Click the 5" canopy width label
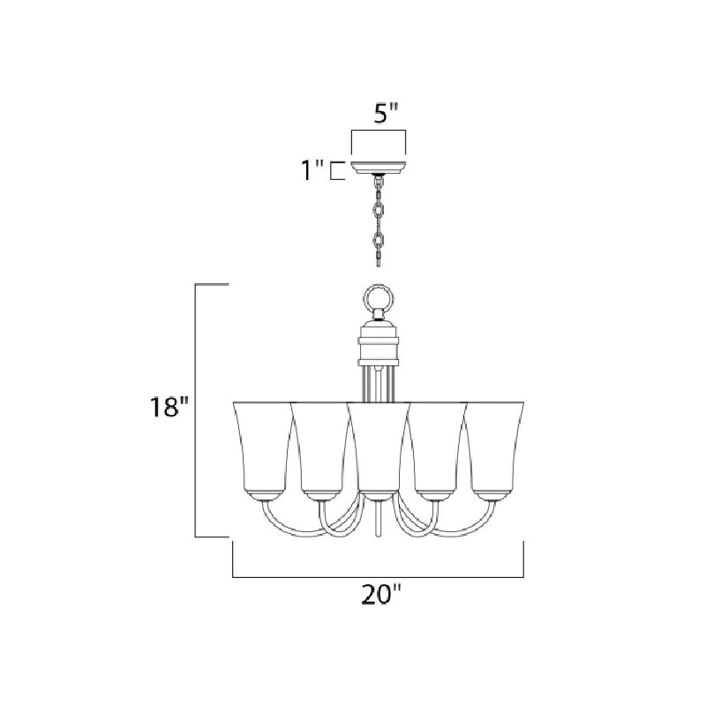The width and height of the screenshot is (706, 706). tap(387, 115)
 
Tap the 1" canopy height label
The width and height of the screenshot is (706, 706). tap(312, 170)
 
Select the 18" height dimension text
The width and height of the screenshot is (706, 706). tap(167, 408)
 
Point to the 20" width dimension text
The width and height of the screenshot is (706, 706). tap(380, 595)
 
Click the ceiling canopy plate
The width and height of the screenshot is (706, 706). tap(379, 168)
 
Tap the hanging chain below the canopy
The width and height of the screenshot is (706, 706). tap(379, 221)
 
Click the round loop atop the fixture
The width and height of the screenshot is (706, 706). tap(379, 297)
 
